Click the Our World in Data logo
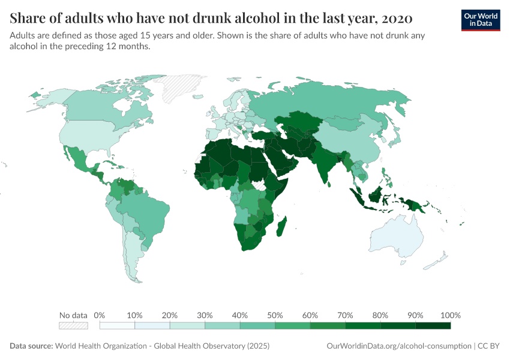point(480,20)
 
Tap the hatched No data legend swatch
point(73,326)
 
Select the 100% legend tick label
point(450,316)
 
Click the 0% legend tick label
point(100,316)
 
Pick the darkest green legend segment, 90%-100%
point(433,326)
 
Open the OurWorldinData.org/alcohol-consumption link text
point(398,346)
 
